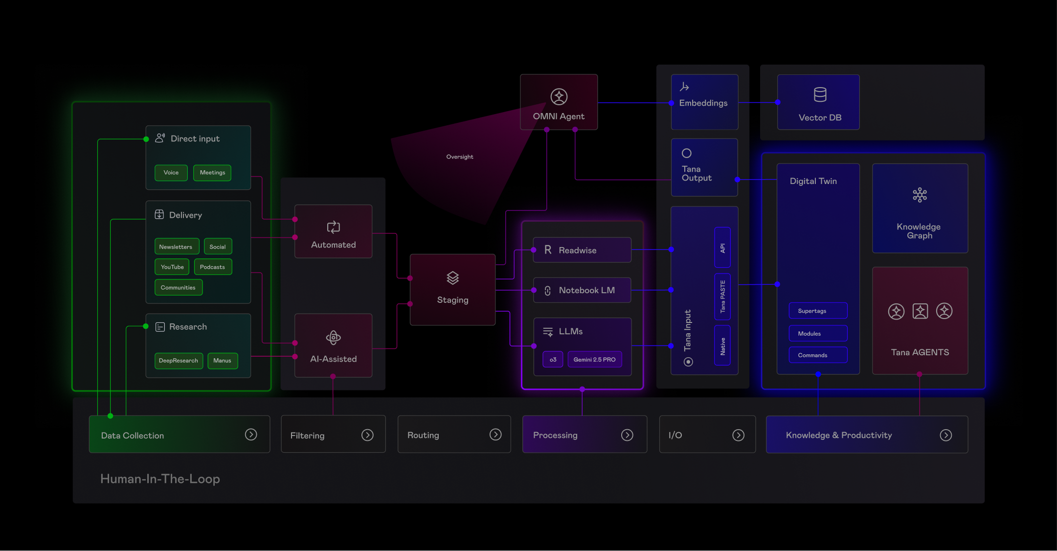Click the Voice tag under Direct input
pos(171,173)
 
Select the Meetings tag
pos(212,173)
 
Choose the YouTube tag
pos(172,267)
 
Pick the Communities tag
pos(179,288)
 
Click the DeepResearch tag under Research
pos(179,361)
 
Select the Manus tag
pos(223,361)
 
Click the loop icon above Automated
pos(334,227)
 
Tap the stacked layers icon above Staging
pos(453,278)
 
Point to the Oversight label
pos(460,157)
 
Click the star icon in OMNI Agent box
pos(559,97)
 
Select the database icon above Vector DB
pos(820,94)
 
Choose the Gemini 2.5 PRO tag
pos(595,360)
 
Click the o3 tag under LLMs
pos(553,360)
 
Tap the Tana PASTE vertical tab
pos(722,297)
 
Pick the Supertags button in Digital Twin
pos(818,311)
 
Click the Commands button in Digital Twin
pos(818,355)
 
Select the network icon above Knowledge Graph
pos(920,195)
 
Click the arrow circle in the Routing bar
pos(495,435)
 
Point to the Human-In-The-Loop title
pos(160,479)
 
